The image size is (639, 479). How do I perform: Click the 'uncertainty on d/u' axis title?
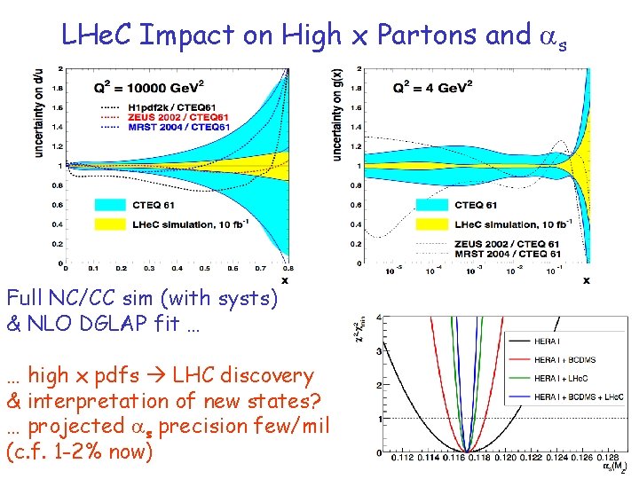pyautogui.click(x=40, y=114)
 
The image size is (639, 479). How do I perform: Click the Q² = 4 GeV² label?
pyautogui.click(x=433, y=86)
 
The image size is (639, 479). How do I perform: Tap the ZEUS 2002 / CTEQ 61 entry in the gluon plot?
pyautogui.click(x=512, y=244)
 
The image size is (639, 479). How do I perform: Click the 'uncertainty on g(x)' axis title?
pyautogui.click(x=337, y=114)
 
